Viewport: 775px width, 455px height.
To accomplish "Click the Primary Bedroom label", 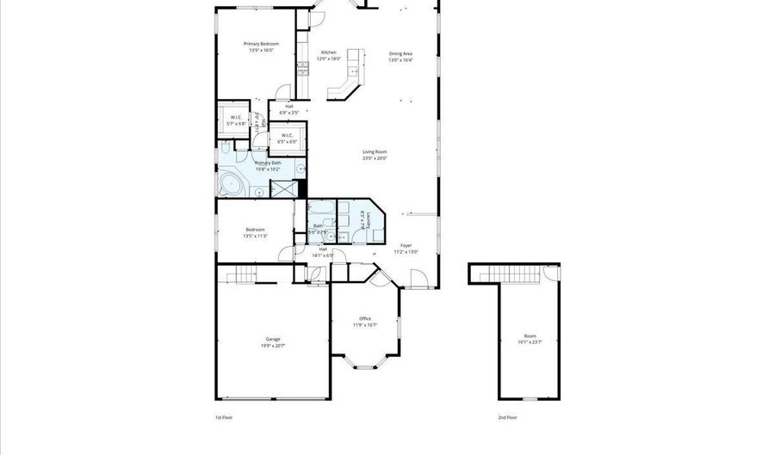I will (x=258, y=44).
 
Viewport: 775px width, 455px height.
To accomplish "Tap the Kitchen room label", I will (x=329, y=52).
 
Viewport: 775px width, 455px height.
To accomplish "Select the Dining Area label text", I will (x=400, y=53).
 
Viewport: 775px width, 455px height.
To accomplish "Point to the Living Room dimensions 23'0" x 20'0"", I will (x=375, y=158).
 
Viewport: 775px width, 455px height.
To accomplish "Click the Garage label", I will (x=273, y=340).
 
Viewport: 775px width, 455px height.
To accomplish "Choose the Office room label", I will (x=365, y=318).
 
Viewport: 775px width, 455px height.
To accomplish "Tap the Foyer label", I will (x=406, y=245).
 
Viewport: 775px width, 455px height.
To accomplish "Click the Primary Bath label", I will (x=267, y=163).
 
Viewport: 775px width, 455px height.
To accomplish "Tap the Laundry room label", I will (x=369, y=221).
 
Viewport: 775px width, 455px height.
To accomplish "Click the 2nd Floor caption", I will (x=507, y=417).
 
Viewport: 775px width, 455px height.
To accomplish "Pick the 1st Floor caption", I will (x=224, y=417).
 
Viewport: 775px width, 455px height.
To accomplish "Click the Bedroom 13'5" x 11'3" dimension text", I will (x=256, y=236).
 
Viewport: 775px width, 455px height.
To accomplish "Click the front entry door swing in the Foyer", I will (x=418, y=279).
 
